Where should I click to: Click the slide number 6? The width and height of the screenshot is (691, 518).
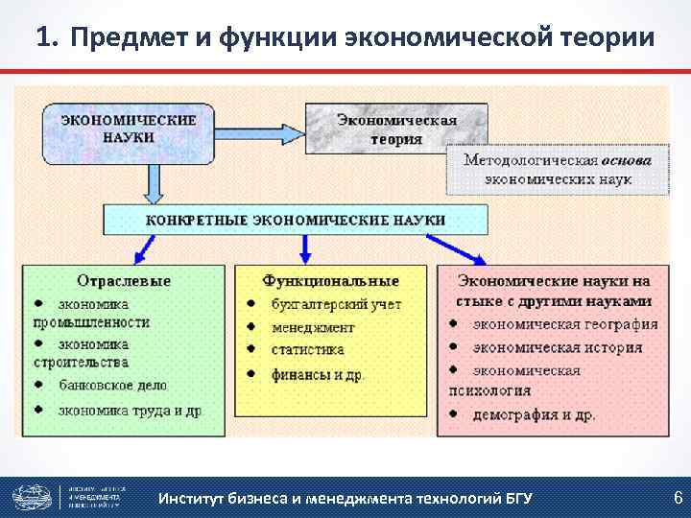click(678, 497)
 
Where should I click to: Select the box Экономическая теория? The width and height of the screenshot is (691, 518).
click(396, 129)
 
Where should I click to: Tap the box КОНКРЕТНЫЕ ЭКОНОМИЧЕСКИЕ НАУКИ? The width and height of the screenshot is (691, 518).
click(296, 220)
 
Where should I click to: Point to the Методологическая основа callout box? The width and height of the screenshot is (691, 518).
click(557, 169)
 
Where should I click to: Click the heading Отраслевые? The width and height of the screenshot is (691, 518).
click(126, 280)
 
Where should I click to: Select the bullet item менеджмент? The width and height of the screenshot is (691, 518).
click(314, 326)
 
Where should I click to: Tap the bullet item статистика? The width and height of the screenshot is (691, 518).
click(307, 349)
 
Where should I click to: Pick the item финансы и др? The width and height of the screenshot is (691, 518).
click(318, 374)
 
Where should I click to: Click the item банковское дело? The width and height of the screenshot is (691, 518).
click(112, 385)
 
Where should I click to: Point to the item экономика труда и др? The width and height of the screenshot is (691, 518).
click(129, 410)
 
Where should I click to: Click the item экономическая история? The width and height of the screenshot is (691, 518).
click(557, 346)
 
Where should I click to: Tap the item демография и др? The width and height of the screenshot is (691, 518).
click(534, 414)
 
